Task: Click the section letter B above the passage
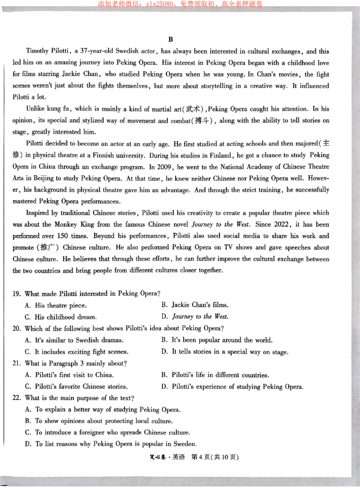(171, 40)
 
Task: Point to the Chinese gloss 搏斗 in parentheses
(204, 121)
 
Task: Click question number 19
(16, 294)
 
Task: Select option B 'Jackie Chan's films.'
(195, 305)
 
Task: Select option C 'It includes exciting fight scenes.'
(76, 352)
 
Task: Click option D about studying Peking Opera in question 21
(232, 387)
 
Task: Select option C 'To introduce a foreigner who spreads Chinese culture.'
(107, 433)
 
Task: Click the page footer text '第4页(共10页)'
(215, 457)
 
